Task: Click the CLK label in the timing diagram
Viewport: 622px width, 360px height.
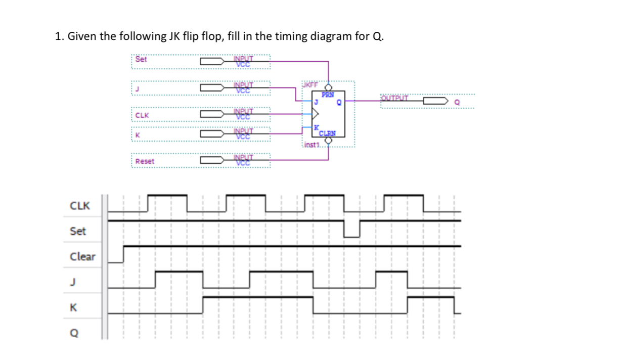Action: pos(79,206)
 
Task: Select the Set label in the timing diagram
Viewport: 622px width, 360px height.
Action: pos(78,231)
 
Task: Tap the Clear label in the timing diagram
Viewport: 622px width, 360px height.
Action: pos(82,256)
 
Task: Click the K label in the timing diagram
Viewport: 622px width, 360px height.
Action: pos(73,307)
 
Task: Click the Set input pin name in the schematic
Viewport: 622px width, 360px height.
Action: pos(141,59)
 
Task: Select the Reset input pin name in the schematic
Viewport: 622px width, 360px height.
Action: pos(145,161)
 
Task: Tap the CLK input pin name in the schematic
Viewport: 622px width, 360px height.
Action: pos(142,116)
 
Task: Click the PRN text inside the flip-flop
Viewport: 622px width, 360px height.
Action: pos(327,95)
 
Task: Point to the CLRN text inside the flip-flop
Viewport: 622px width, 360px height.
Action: pos(327,134)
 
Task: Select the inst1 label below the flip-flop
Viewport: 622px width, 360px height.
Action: pos(313,145)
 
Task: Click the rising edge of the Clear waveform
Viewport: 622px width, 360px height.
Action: pos(123,254)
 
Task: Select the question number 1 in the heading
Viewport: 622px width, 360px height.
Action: pos(58,36)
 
